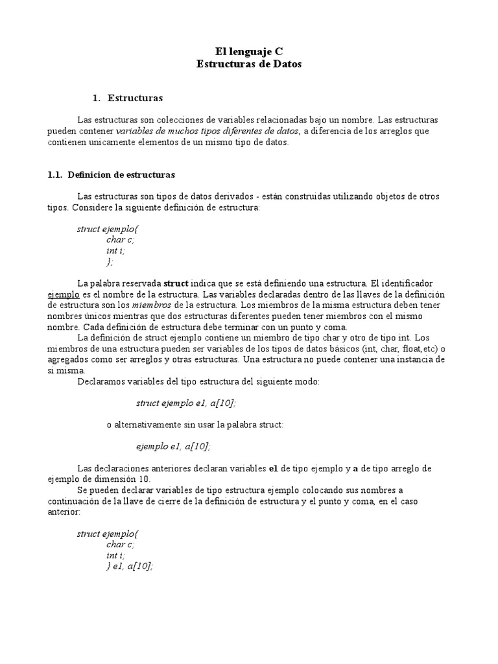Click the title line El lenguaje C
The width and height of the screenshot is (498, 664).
(x=249, y=51)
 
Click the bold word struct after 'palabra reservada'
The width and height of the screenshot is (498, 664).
(x=176, y=283)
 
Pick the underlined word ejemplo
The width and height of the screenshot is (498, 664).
(x=64, y=294)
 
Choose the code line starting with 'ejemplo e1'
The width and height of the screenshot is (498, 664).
(x=173, y=446)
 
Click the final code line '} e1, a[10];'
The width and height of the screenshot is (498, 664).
(x=130, y=566)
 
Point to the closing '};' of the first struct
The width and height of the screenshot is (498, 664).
(x=110, y=261)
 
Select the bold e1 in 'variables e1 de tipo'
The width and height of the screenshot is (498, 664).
(x=273, y=468)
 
